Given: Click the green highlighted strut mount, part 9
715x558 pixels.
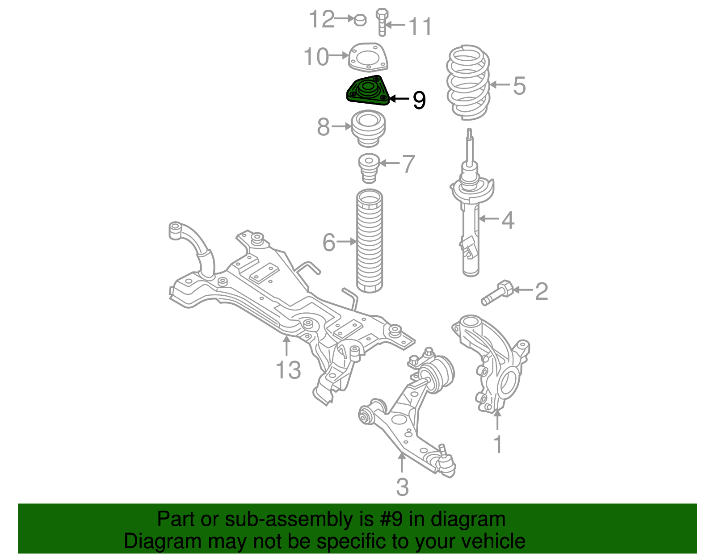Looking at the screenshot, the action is coord(368,90).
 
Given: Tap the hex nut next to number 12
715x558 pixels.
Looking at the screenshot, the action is coord(360,20).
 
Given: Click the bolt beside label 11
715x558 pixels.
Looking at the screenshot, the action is coord(382,22).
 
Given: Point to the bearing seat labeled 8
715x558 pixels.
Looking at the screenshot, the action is coord(369,129).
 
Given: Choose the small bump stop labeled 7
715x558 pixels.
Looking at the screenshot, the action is coord(369,168).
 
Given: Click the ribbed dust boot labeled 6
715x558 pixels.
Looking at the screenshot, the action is coord(369,241).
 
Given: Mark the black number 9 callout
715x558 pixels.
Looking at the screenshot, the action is coord(419,100).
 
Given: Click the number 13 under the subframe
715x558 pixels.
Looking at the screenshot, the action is coord(288,370).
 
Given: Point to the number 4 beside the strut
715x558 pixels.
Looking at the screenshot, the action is coord(508,220).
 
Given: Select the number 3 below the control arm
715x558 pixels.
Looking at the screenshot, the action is coord(403,487).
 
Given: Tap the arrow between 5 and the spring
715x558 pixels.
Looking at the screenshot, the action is coord(500,84).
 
